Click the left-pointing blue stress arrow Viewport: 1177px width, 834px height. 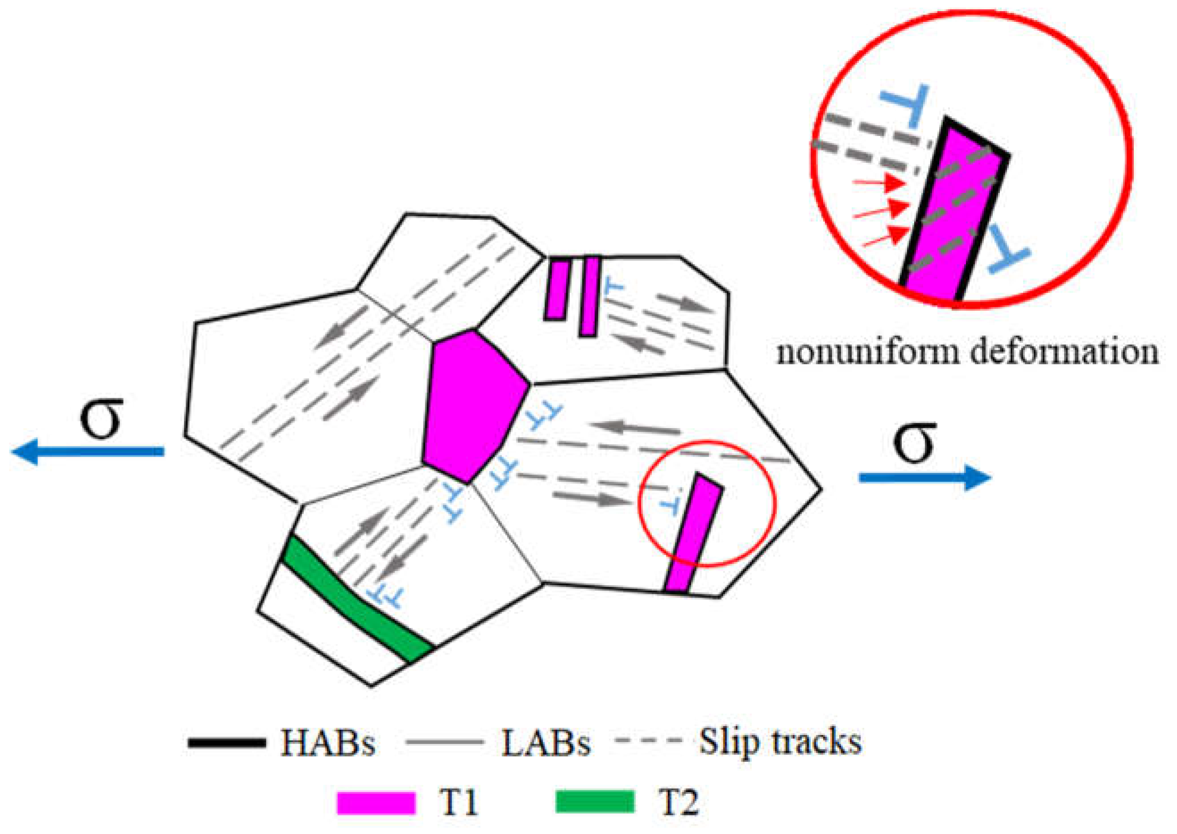point(87,451)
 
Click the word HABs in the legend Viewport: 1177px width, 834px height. point(328,743)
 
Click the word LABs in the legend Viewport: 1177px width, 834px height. point(546,743)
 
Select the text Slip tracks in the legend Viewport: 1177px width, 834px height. point(780,741)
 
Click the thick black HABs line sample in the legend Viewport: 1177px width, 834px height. point(227,743)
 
